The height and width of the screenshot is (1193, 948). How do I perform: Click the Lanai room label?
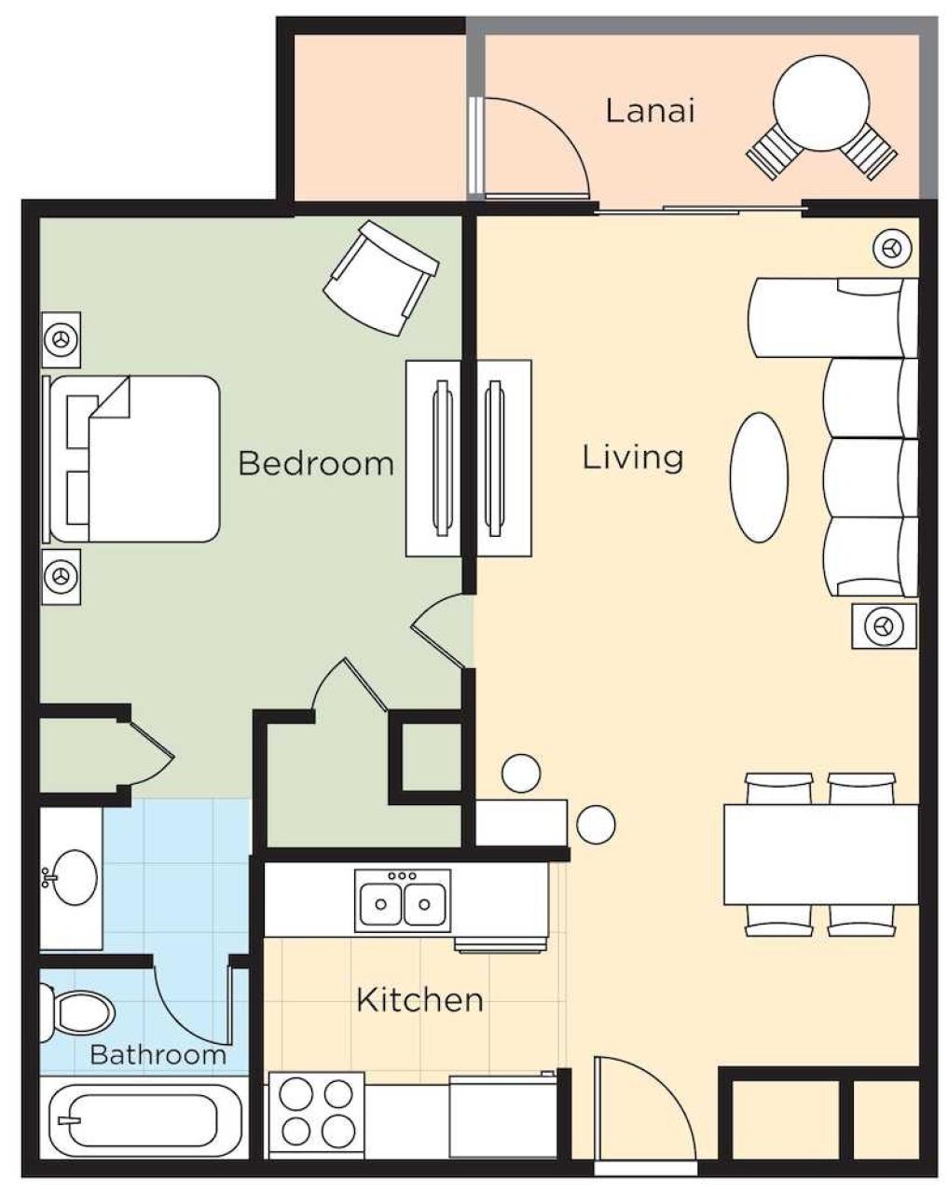(649, 110)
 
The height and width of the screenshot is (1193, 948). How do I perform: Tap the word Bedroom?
(316, 463)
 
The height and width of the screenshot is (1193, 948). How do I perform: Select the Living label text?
(633, 459)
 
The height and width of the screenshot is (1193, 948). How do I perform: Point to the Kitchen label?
(419, 1000)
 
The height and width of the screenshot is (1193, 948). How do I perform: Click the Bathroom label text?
(158, 1054)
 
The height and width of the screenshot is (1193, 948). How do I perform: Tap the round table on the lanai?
(821, 103)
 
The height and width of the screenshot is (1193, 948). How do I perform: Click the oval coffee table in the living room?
(759, 477)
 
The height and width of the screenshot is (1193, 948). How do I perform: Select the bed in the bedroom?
(131, 459)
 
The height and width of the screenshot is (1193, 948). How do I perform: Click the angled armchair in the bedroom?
(381, 278)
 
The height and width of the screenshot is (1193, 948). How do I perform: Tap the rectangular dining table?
(821, 855)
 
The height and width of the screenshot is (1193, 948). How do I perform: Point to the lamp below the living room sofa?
(884, 626)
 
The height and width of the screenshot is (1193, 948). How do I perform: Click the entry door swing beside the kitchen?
(645, 1107)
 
